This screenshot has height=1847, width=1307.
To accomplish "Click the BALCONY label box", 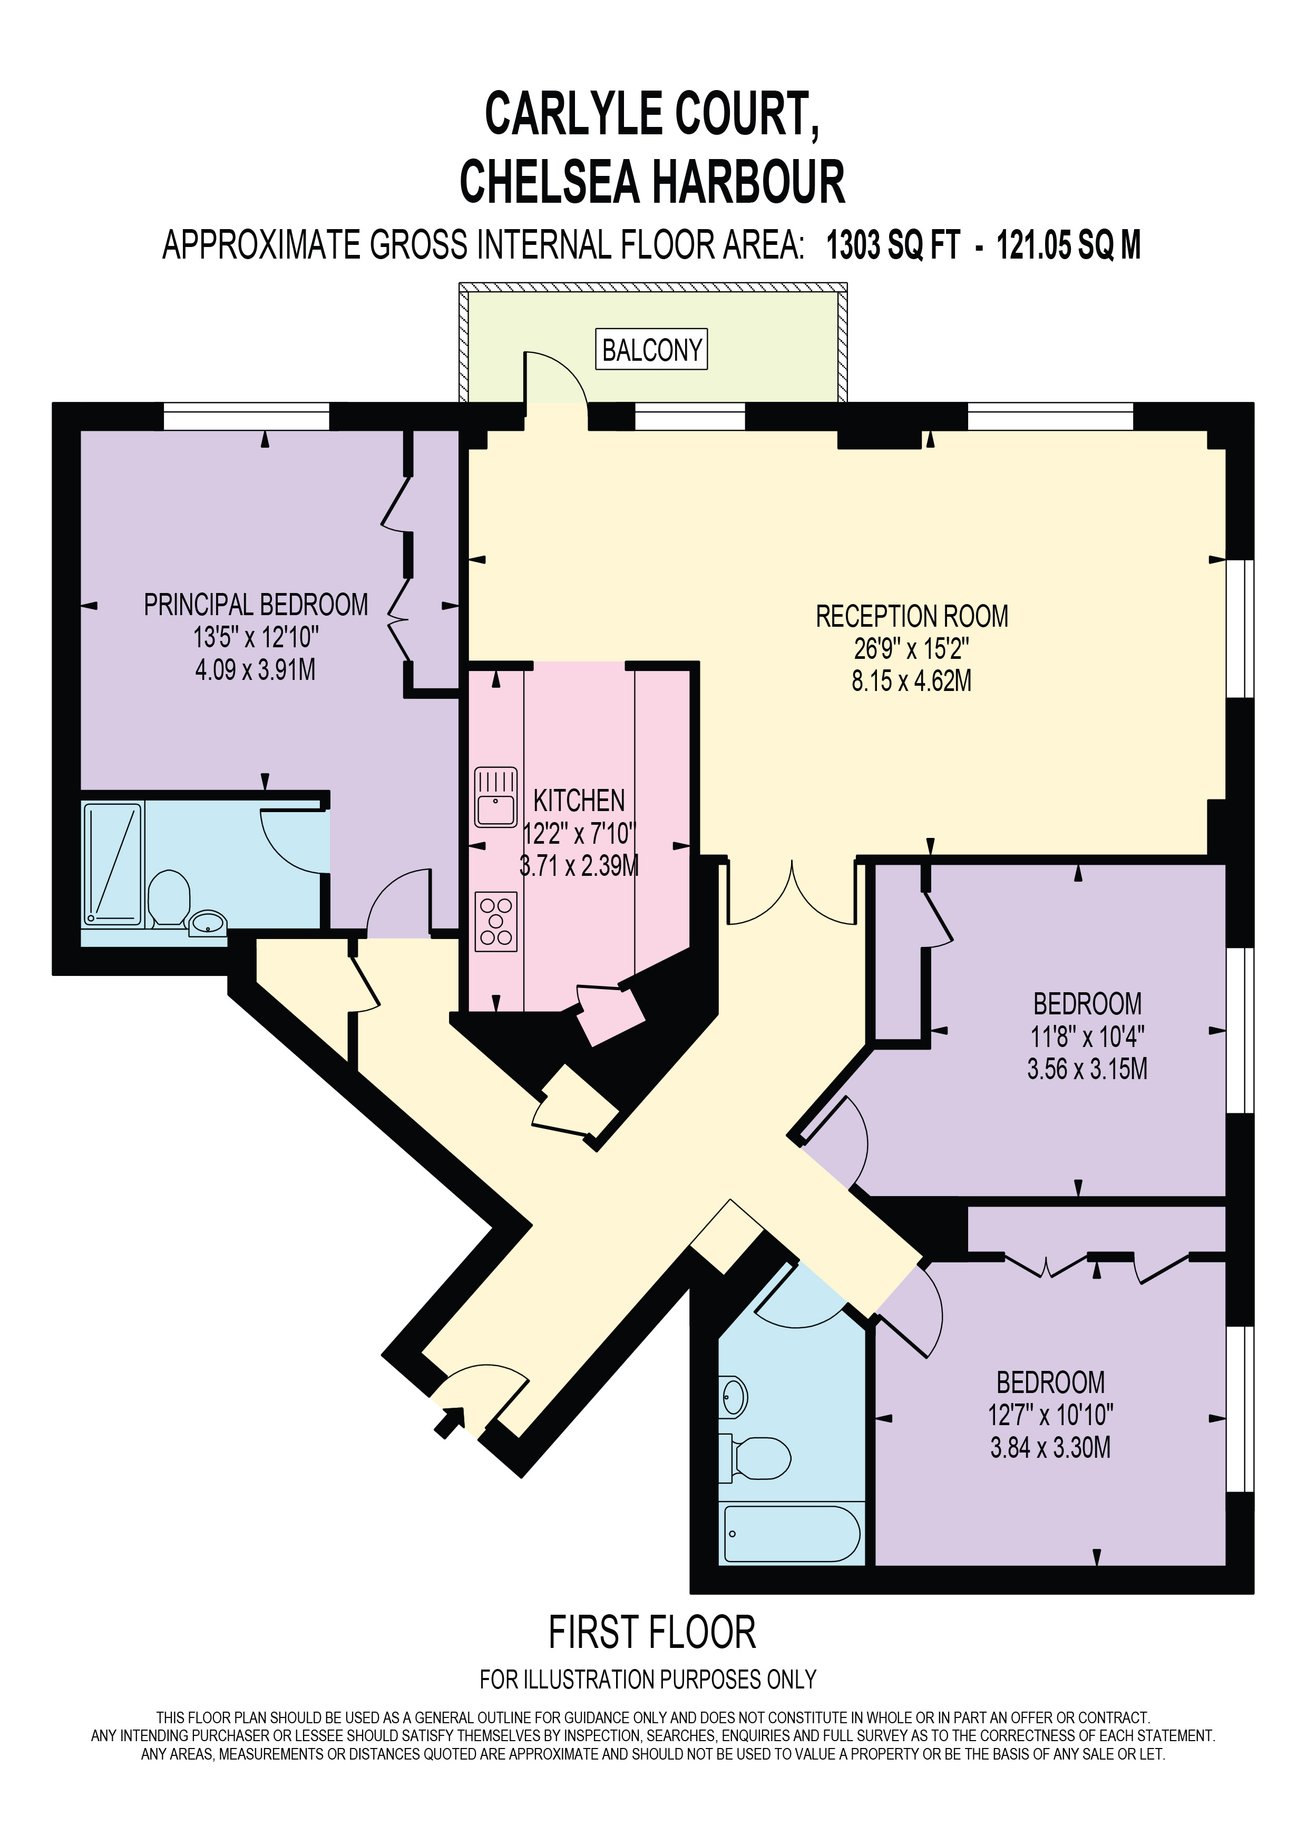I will click(x=651, y=349).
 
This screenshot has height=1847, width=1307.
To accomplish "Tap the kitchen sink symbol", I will click(x=496, y=797).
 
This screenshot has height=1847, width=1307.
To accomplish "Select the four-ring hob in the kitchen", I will click(x=496, y=922).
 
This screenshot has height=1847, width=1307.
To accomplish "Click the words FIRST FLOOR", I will click(x=652, y=1633).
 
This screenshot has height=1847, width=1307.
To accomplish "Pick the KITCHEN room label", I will click(x=580, y=801).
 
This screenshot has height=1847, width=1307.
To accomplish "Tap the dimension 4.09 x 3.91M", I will click(x=255, y=669).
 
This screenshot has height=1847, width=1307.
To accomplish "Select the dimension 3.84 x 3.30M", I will click(x=1050, y=1448).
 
